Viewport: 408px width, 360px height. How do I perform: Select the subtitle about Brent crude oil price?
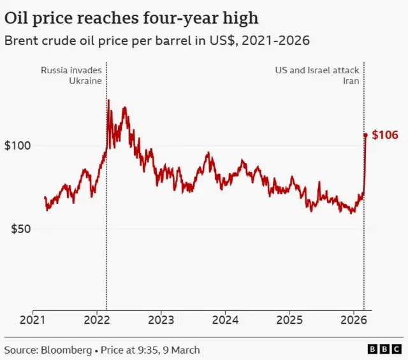pyautogui.click(x=157, y=41)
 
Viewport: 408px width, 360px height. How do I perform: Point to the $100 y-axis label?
pyautogui.click(x=18, y=146)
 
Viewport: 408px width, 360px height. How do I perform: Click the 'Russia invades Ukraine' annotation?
pyautogui.click(x=71, y=76)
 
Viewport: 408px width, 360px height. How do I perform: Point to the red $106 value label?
pyautogui.click(x=385, y=135)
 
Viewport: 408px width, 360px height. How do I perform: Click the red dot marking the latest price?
pyautogui.click(x=365, y=134)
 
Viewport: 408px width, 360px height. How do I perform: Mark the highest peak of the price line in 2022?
pyautogui.click(x=108, y=100)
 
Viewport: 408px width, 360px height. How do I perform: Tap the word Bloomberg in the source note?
pyautogui.click(x=66, y=350)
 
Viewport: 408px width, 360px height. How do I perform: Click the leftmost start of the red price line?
pyautogui.click(x=45, y=198)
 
